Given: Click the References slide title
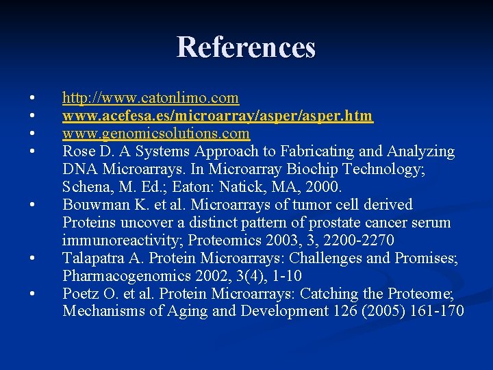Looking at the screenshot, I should (246, 47).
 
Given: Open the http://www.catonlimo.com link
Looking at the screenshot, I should (151, 99).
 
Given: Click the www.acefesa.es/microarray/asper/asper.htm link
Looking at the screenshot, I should (218, 116).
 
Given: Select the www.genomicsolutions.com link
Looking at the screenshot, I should (156, 134).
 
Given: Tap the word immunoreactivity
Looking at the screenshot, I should (121, 241).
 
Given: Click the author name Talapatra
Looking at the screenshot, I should (92, 258).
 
